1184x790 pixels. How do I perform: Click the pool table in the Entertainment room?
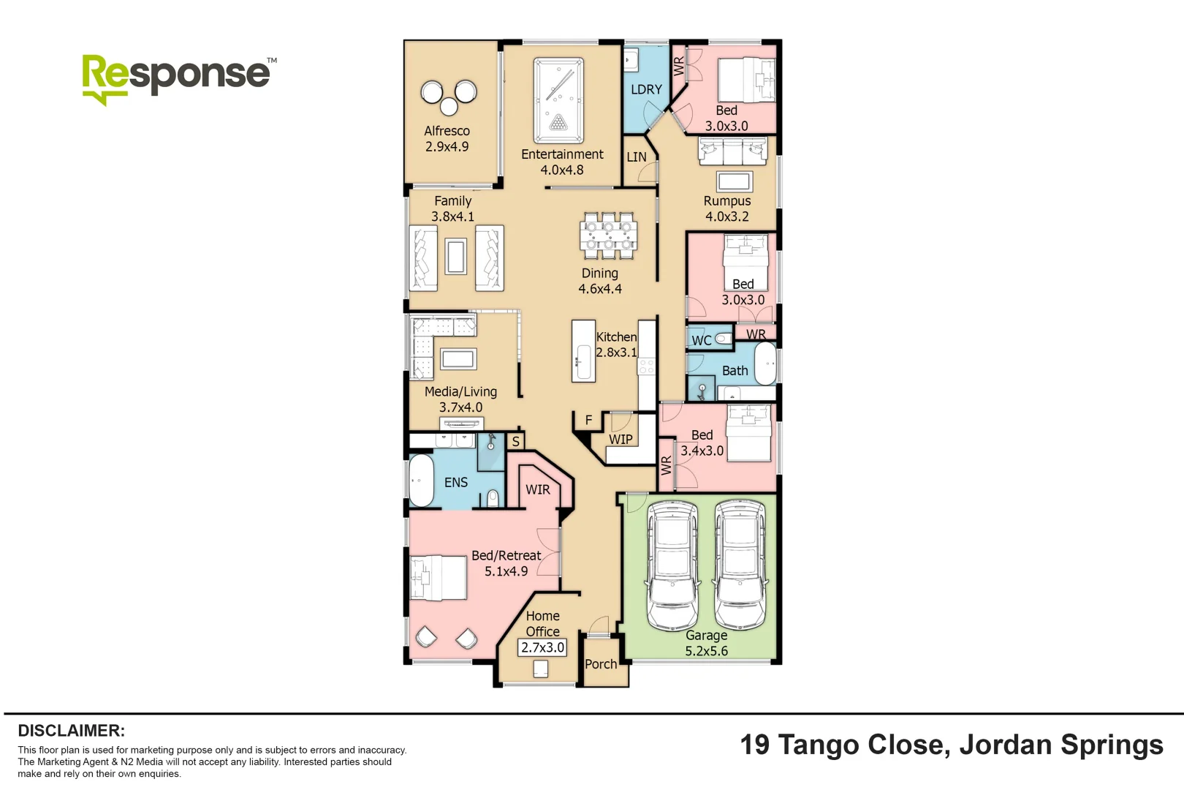pyautogui.click(x=558, y=100)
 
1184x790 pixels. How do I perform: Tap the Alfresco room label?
pyautogui.click(x=447, y=131)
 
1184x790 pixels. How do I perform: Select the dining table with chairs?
pyautogui.click(x=608, y=236)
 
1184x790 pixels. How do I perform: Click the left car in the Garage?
pyautogui.click(x=672, y=565)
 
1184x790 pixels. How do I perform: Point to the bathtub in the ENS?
pyautogui.click(x=421, y=481)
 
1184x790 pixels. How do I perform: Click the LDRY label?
pyautogui.click(x=646, y=89)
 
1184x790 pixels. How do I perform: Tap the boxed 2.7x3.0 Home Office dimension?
pyautogui.click(x=542, y=647)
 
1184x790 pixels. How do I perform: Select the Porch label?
pyautogui.click(x=601, y=664)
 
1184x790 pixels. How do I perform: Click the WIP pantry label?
pyautogui.click(x=621, y=440)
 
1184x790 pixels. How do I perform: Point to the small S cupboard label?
pyautogui.click(x=515, y=441)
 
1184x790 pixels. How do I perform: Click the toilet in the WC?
pyautogui.click(x=722, y=339)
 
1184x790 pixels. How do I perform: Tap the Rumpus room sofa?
pyautogui.click(x=732, y=152)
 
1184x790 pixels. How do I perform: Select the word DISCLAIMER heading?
pyautogui.click(x=71, y=731)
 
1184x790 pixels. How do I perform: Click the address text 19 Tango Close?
pyautogui.click(x=845, y=745)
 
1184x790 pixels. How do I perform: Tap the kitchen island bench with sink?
pyautogui.click(x=583, y=351)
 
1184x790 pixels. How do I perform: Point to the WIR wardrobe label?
pyautogui.click(x=538, y=489)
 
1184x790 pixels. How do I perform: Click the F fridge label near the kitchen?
pyautogui.click(x=588, y=420)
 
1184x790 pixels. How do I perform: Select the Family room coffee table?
pyautogui.click(x=456, y=256)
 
